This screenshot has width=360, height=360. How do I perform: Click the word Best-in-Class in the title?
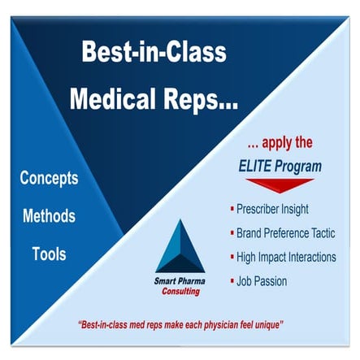tap(154, 53)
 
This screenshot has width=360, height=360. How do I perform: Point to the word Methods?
tap(49, 216)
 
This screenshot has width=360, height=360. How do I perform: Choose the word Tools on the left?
tap(49, 254)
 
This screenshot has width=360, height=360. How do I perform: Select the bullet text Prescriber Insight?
tap(273, 209)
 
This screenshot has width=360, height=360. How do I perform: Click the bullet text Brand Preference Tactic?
tap(289, 232)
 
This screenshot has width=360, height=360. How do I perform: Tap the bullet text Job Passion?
tap(262, 281)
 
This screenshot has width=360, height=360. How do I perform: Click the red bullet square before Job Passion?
tap(232, 281)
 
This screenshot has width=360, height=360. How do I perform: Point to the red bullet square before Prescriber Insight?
tap(232, 209)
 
